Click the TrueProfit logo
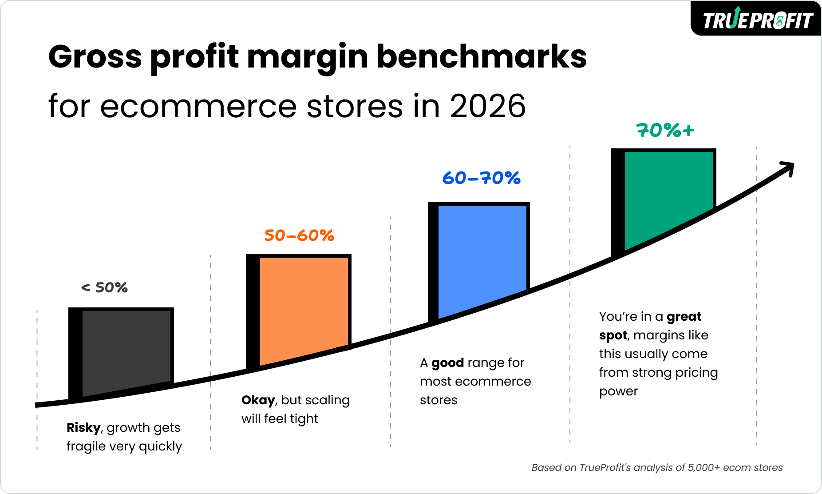[757, 20]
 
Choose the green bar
[668, 195]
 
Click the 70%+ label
[665, 131]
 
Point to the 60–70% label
[481, 178]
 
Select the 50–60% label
[299, 235]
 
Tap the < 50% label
[104, 288]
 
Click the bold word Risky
[83, 427]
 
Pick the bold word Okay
[258, 400]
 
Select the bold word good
[447, 363]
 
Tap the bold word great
[684, 317]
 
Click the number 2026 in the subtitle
[487, 107]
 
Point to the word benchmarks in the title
[481, 57]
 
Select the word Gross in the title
[95, 57]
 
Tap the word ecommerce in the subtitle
[198, 107]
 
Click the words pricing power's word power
[618, 391]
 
